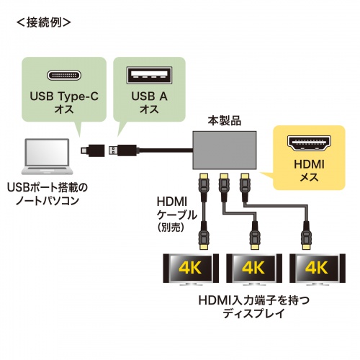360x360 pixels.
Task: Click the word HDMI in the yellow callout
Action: pyautogui.click(x=307, y=165)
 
